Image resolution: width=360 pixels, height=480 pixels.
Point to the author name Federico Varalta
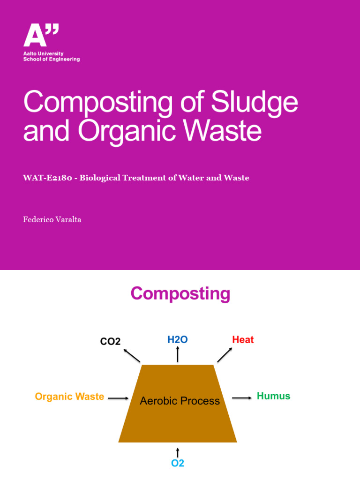click(x=52, y=219)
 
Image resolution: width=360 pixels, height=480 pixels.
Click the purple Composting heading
click(x=180, y=294)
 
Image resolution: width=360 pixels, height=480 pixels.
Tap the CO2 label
click(x=111, y=342)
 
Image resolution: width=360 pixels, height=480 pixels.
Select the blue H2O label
click(x=178, y=339)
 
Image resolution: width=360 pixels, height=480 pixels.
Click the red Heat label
click(x=243, y=339)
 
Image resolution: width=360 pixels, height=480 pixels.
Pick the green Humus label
click(x=274, y=396)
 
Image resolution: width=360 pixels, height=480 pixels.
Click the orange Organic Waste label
click(x=69, y=397)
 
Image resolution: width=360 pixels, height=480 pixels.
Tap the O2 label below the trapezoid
click(x=178, y=463)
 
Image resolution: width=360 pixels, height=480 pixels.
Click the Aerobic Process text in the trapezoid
click(x=180, y=401)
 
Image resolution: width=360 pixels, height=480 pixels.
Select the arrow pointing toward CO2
click(x=132, y=355)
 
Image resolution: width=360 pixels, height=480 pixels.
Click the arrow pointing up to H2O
click(x=178, y=354)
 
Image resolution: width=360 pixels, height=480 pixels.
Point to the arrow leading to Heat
click(x=224, y=355)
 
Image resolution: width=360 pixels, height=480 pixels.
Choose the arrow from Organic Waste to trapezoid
click(x=118, y=398)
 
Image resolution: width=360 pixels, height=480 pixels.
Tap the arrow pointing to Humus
click(x=242, y=398)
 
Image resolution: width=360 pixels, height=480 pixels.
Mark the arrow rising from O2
click(x=178, y=452)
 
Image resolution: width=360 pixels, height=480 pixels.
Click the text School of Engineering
click(x=52, y=60)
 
